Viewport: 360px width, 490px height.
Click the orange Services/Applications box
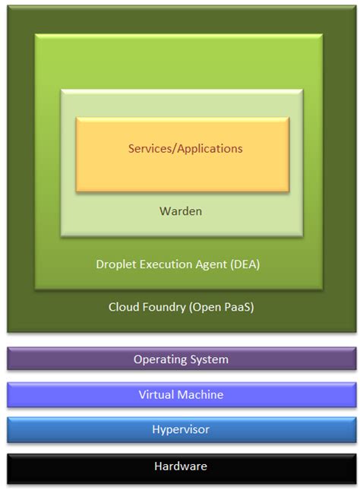point(182,154)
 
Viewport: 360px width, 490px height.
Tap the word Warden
point(181,210)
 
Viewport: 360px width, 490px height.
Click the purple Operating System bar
point(181,359)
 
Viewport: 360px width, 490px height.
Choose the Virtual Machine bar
point(181,394)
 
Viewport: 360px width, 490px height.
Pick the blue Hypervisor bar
point(181,430)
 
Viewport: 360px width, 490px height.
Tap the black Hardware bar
point(181,466)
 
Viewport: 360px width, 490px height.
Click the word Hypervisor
point(181,430)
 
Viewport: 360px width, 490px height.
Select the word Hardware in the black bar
point(181,466)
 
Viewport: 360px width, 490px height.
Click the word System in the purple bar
point(209,359)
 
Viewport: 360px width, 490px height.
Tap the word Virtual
point(157,394)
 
